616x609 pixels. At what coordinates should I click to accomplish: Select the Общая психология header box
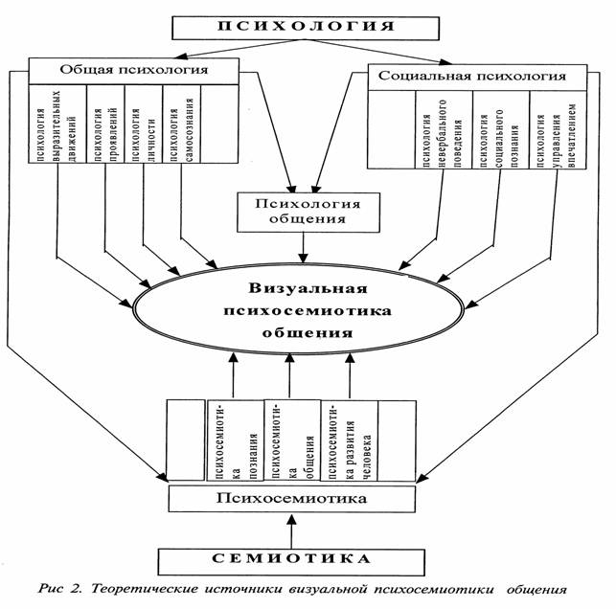click(133, 70)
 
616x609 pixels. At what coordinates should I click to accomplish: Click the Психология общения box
click(303, 211)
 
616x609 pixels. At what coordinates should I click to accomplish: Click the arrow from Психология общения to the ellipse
click(303, 247)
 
